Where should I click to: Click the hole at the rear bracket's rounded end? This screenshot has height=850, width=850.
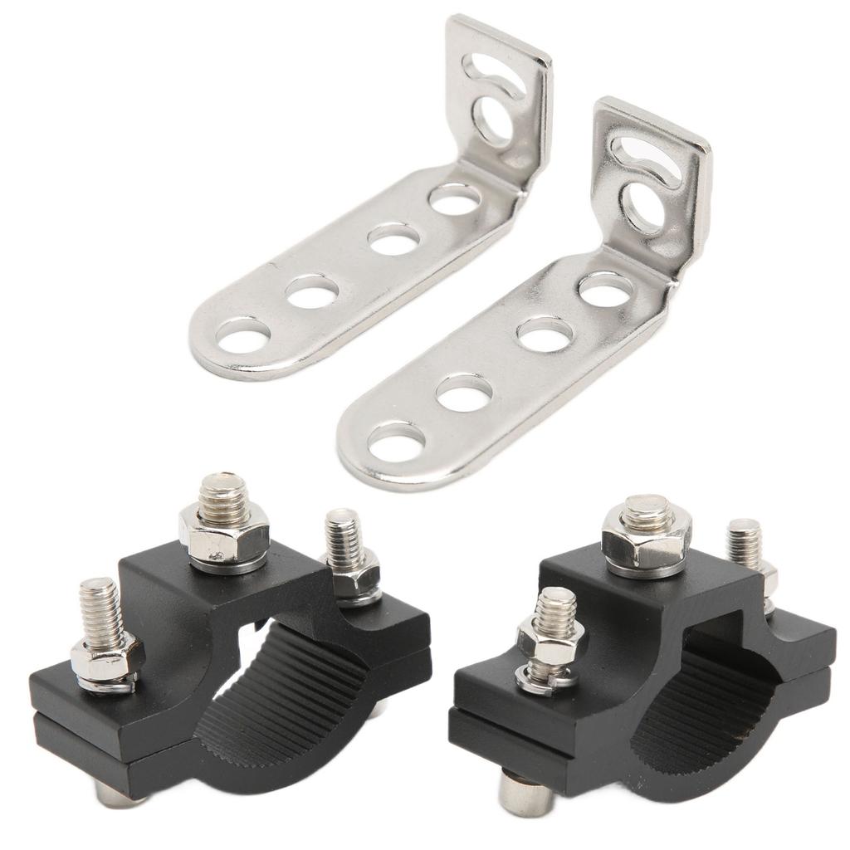click(243, 336)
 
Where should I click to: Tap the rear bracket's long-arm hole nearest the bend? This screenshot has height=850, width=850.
click(455, 199)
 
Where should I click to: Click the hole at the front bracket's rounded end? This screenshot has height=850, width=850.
click(397, 442)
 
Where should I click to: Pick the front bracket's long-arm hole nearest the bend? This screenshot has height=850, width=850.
click(606, 288)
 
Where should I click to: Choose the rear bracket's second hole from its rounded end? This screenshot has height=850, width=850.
click(313, 291)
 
